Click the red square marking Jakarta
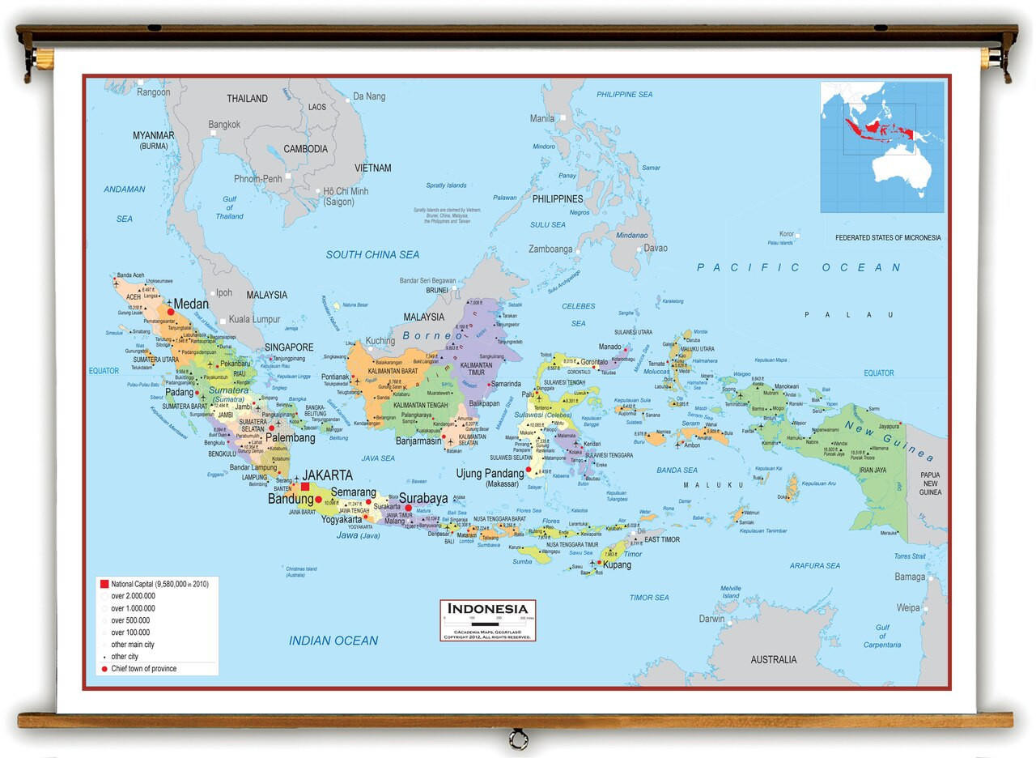[305, 487]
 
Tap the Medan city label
[191, 304]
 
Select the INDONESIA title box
[488, 620]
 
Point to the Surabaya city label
[423, 497]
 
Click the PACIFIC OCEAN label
[799, 267]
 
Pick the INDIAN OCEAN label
[333, 641]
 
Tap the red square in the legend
[104, 584]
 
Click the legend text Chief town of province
[143, 669]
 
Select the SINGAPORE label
[289, 347]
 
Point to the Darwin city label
[712, 619]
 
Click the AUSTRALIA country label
[773, 659]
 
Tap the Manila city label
[541, 118]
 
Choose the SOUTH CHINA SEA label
[372, 254]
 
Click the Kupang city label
[617, 564]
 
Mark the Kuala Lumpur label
[254, 319]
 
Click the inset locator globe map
[881, 147]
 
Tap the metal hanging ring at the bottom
[517, 738]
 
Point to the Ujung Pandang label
[490, 473]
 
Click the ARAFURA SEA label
[814, 565]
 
